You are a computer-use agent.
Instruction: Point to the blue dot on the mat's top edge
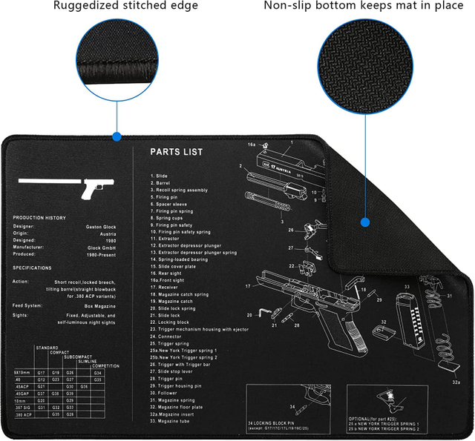116,136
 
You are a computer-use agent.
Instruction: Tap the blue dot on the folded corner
364,222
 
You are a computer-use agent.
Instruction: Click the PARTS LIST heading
176,152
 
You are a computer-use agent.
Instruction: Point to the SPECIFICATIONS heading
33,268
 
